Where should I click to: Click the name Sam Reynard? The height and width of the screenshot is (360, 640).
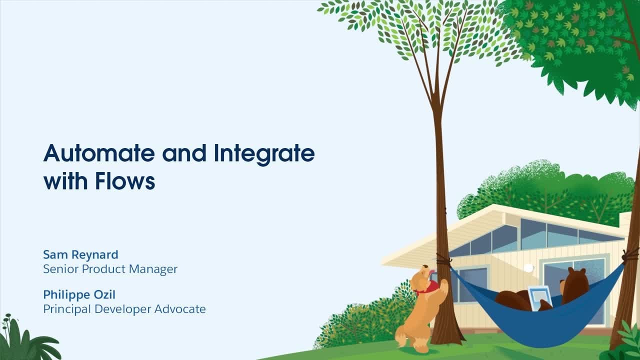80,254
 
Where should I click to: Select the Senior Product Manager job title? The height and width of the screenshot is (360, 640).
110,269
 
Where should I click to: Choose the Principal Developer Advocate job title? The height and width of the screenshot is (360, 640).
124,309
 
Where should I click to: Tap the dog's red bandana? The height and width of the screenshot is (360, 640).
426,288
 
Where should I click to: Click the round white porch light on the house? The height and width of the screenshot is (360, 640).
528,268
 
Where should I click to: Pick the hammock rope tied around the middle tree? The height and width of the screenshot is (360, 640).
443,260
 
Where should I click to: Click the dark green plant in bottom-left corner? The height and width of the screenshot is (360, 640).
25,342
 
